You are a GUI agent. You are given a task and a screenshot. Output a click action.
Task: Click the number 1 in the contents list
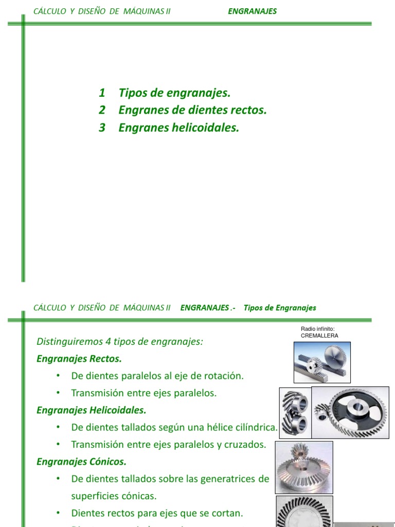tap(102, 93)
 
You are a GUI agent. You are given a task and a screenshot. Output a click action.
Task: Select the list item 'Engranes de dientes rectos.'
tap(192, 110)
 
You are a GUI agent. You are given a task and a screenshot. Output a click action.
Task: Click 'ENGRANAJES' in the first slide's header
tap(252, 11)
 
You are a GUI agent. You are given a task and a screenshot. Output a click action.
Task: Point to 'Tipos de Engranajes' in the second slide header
tap(280, 308)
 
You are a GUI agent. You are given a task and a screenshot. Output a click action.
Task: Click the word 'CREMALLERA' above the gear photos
tap(319, 336)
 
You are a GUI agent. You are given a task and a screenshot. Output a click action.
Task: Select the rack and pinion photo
tap(321, 362)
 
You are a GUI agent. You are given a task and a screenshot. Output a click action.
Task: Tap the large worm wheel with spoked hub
tap(351, 412)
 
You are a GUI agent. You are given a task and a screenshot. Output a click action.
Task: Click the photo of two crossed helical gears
tap(295, 412)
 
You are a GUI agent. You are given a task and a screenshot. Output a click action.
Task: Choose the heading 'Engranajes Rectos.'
tap(79, 358)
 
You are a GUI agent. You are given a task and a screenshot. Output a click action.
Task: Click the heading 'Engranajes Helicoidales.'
tap(92, 410)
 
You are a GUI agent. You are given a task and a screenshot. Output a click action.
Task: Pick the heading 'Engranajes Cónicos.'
tap(81, 462)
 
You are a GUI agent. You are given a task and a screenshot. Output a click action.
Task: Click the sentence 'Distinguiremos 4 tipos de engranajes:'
tap(120, 342)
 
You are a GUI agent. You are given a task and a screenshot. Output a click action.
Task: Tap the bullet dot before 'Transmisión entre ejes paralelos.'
tap(59, 393)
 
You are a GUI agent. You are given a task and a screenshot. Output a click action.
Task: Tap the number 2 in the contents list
tap(102, 110)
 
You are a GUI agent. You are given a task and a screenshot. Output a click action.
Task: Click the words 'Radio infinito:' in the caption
tap(318, 329)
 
